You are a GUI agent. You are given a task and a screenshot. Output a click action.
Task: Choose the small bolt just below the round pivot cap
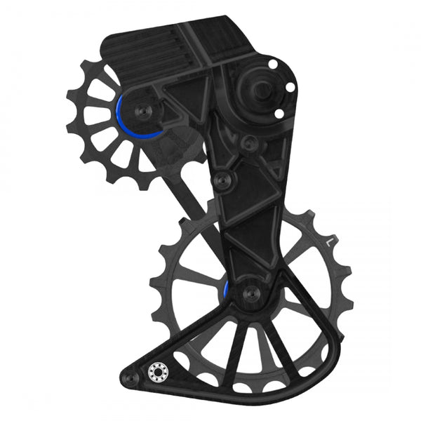[246, 143]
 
